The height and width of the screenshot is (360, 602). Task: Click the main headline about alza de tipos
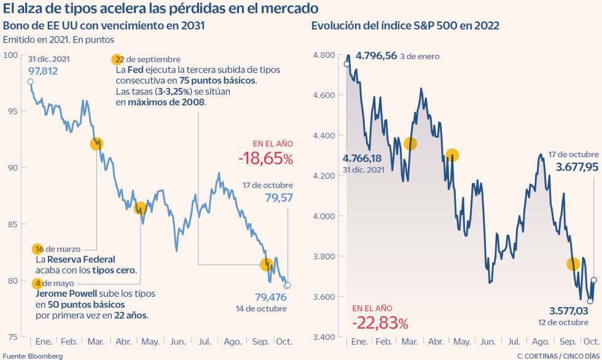pos(161,9)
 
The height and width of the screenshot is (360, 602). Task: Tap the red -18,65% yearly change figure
pos(265,158)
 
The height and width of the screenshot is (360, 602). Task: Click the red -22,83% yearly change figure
pos(380,322)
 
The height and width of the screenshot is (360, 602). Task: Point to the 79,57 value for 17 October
pos(279,198)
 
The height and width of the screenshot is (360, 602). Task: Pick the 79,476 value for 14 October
pos(270,297)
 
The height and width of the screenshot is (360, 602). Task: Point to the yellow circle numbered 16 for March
pos(38,249)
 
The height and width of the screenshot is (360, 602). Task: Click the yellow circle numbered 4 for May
pos(38,283)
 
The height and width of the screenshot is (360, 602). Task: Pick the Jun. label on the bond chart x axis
pos(178,341)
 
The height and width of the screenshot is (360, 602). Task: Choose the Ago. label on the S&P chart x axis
pos(540,342)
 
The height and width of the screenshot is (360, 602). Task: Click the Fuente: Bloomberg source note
pos(32,355)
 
